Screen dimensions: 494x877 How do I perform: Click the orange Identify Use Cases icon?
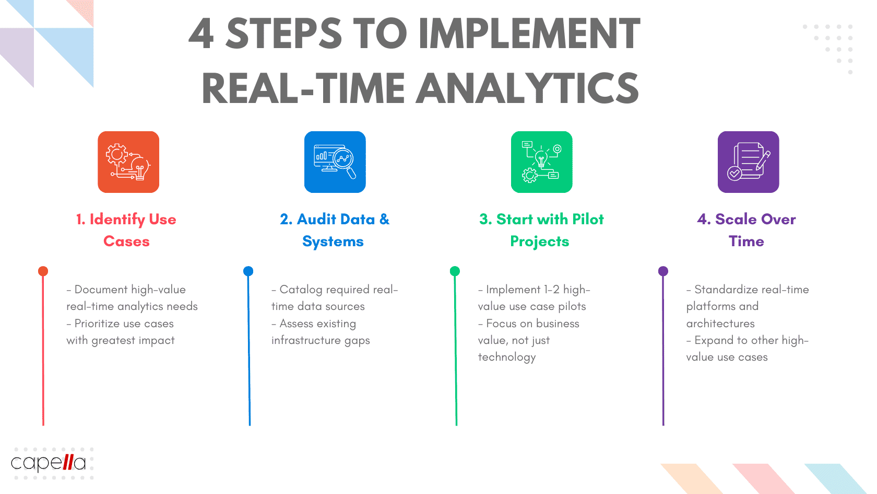tap(128, 162)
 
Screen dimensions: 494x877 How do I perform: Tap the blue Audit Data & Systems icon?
tap(335, 162)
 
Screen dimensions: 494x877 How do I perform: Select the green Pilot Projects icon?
tap(541, 162)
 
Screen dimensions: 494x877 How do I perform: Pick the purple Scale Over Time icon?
tap(748, 162)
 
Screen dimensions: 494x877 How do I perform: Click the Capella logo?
tap(49, 463)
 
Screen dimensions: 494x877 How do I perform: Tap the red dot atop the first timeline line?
tap(43, 271)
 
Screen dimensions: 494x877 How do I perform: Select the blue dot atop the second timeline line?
tap(248, 271)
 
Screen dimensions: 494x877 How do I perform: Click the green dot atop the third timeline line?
tap(455, 271)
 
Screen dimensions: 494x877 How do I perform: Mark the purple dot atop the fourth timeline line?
tap(663, 271)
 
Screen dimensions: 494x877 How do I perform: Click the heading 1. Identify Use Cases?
tap(126, 230)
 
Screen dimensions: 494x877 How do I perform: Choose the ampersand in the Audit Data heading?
tap(384, 219)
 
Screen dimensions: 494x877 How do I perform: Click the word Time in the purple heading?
tap(746, 242)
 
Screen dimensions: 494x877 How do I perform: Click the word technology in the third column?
tap(507, 358)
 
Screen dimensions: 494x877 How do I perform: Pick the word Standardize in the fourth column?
tap(726, 290)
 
